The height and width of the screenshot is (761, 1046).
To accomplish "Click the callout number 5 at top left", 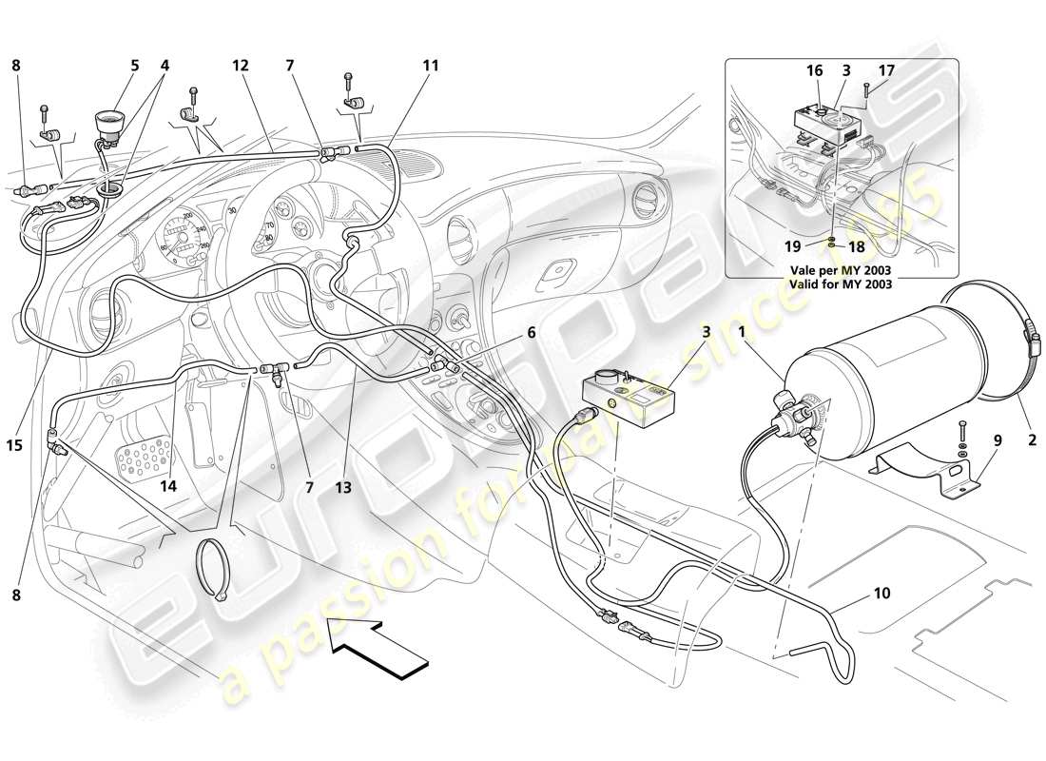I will [134, 66].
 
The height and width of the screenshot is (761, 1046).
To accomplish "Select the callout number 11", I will [431, 66].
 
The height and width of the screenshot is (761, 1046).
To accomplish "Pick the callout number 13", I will [342, 487].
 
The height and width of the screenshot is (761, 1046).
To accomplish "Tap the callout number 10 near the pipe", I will [881, 593].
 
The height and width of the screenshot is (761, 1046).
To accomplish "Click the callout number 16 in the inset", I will [815, 70].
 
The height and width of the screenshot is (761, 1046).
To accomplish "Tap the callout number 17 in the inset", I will [885, 70].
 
